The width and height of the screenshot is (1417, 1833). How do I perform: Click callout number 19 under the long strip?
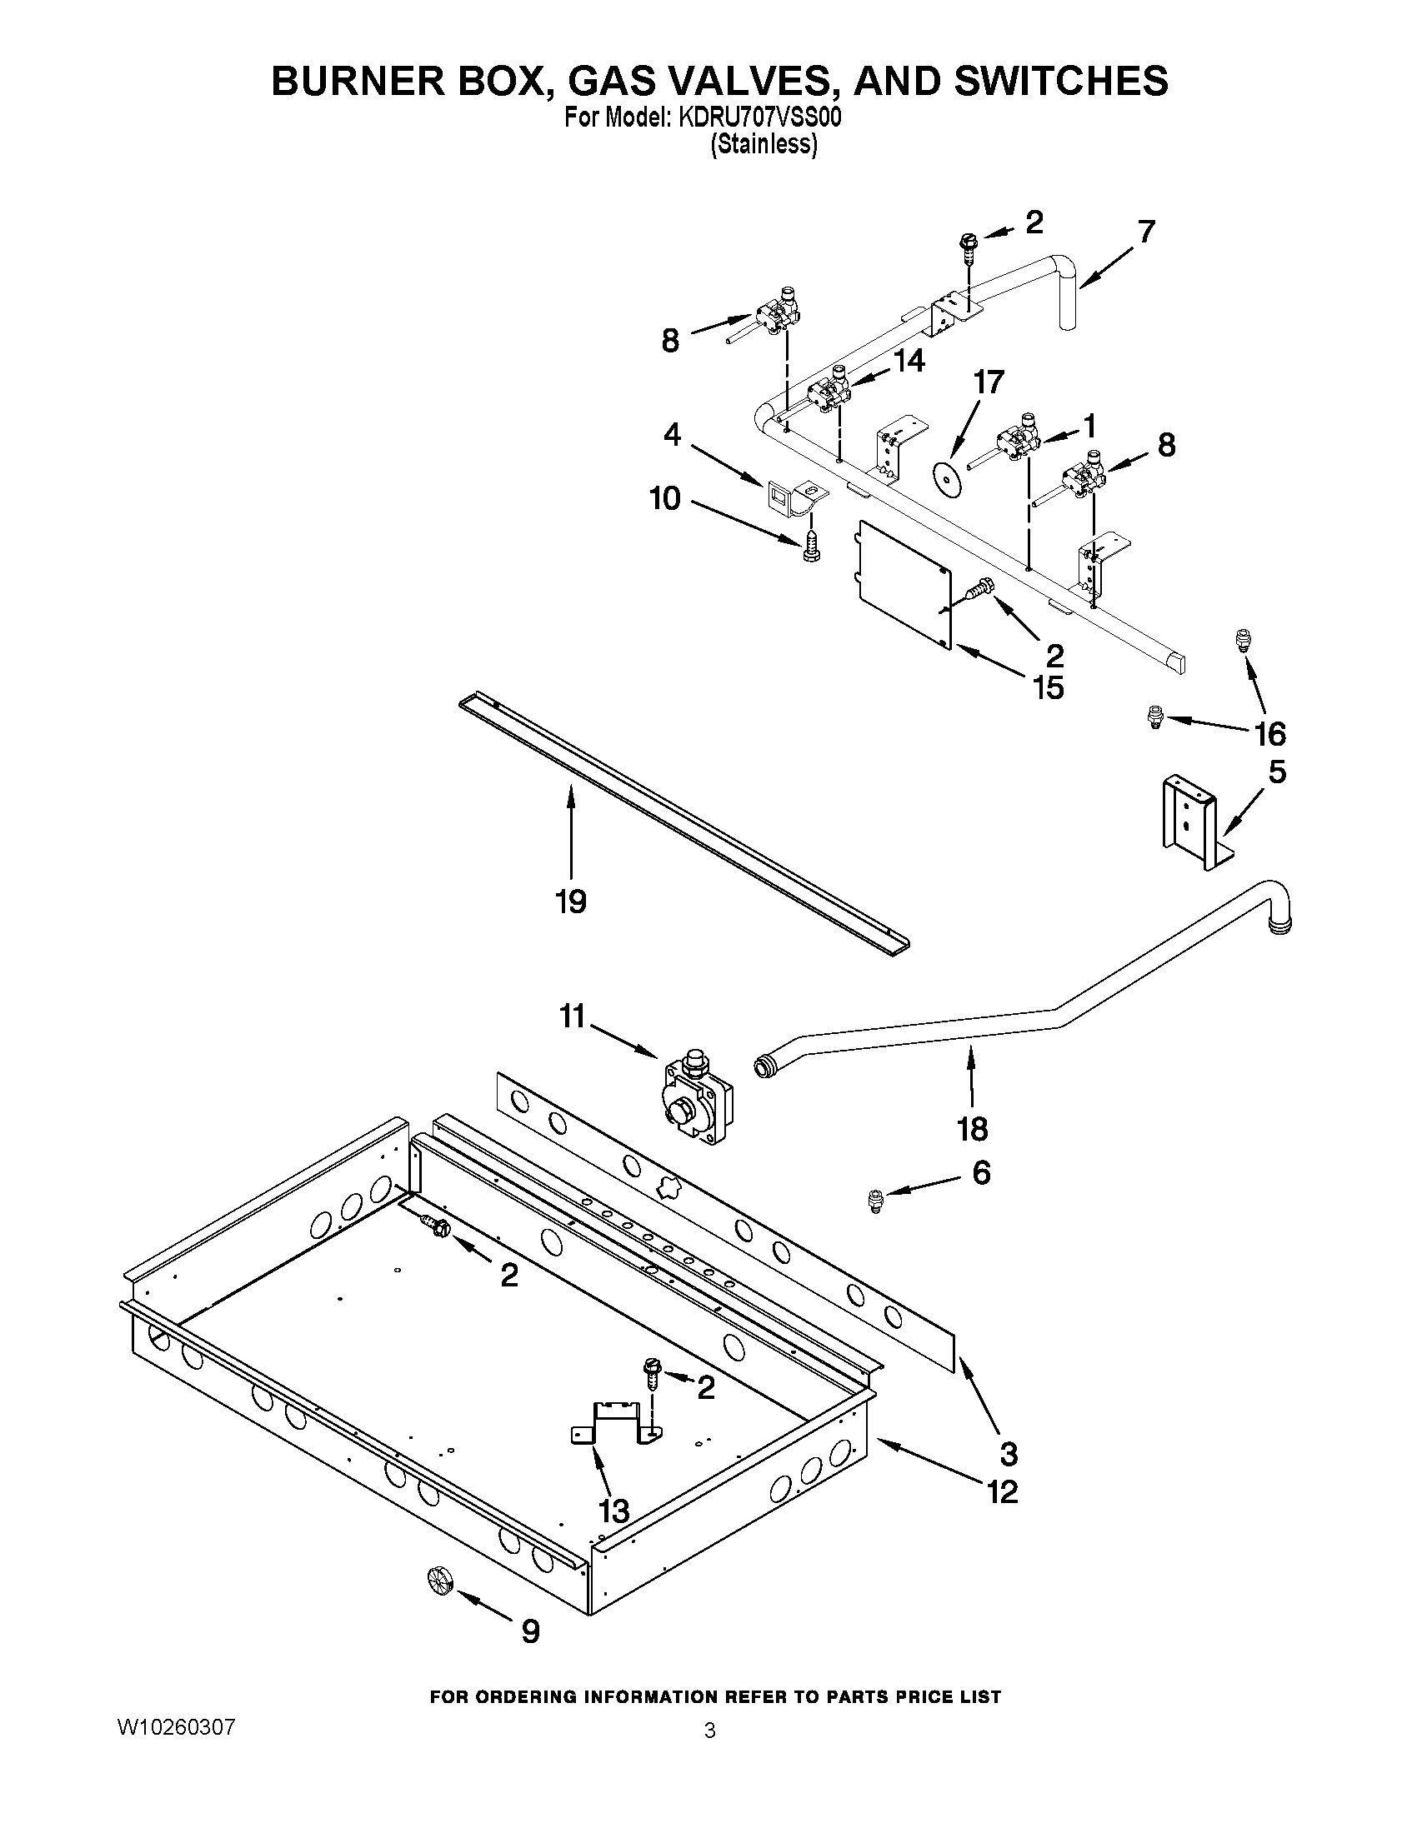(x=570, y=902)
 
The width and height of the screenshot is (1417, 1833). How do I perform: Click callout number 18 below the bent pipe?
(x=972, y=1129)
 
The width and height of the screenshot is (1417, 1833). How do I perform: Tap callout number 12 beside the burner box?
(x=1002, y=1491)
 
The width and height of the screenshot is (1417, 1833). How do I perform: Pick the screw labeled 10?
(x=811, y=547)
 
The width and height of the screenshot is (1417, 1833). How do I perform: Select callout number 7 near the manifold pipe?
(x=1147, y=231)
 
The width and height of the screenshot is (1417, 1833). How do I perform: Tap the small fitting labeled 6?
(x=875, y=1201)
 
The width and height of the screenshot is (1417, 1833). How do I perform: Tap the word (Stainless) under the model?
(x=763, y=145)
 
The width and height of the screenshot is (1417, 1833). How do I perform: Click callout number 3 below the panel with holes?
(x=1009, y=1452)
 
